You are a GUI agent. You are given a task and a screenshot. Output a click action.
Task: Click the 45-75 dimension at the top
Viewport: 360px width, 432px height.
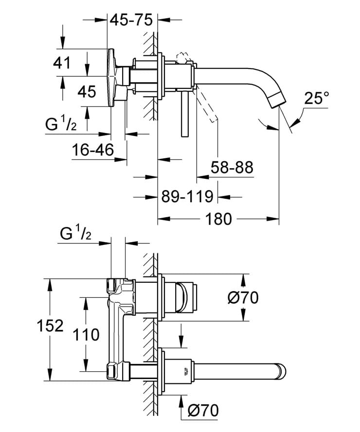(131, 20)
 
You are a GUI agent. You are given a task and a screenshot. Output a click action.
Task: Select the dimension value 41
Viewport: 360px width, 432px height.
(63, 63)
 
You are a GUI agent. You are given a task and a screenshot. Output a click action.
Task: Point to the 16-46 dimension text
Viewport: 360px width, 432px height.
(92, 150)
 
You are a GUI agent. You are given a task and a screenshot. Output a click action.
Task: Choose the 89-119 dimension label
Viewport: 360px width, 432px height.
(187, 197)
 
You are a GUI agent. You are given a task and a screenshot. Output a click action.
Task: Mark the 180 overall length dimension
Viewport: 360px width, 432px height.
(218, 219)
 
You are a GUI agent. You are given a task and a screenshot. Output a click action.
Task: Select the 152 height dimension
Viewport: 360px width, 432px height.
(51, 326)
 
